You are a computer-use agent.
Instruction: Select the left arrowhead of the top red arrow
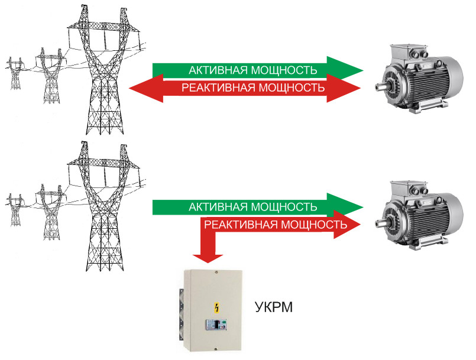140,89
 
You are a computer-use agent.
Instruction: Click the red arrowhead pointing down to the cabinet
208,256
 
